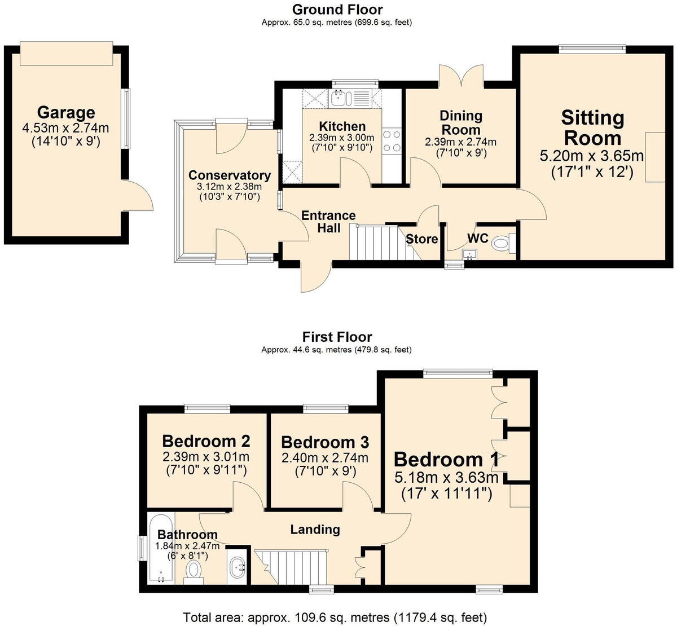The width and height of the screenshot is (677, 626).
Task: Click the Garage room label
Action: click(66, 113)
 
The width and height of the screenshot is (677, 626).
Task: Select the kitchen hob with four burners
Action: click(392, 141)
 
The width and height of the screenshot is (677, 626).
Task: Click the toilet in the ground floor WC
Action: click(501, 244)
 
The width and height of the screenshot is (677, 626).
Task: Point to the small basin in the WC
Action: click(468, 255)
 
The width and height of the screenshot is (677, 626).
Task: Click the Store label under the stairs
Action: click(421, 239)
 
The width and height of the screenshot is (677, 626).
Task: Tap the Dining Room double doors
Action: click(461, 76)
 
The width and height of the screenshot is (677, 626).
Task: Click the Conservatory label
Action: click(229, 175)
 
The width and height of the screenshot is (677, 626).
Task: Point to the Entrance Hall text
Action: click(328, 222)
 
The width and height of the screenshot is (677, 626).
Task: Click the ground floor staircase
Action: click(375, 243)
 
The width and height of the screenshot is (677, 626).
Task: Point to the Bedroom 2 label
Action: click(206, 440)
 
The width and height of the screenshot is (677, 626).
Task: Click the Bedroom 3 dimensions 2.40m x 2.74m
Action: click(325, 458)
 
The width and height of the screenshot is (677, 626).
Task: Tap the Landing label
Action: click(315, 529)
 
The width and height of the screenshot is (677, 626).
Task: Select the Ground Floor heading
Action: click(337, 10)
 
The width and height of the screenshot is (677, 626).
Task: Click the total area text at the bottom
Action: click(335, 617)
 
